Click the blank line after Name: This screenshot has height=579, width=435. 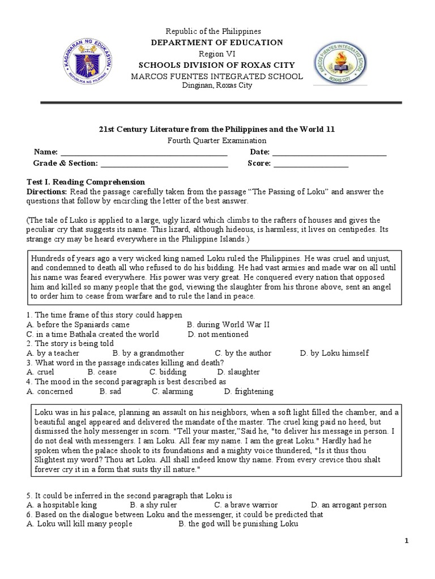click(x=143, y=153)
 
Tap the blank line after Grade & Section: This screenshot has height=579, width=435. click(x=164, y=165)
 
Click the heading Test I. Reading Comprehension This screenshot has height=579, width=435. click(x=87, y=182)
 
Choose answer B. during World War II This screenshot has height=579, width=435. click(x=228, y=325)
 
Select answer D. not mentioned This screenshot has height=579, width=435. click(x=218, y=334)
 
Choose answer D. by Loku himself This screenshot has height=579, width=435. click(x=335, y=353)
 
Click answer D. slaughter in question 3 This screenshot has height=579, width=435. click(x=238, y=372)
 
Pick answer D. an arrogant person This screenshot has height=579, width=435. click(x=348, y=505)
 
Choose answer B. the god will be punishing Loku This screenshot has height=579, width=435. click(x=238, y=524)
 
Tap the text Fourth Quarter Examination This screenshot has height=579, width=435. click(x=217, y=141)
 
